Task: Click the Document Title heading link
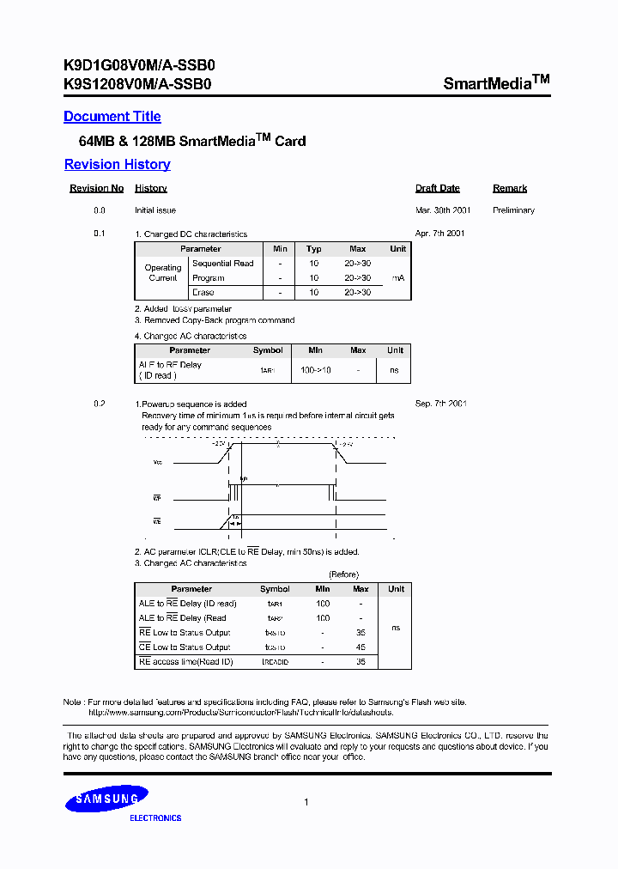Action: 112,117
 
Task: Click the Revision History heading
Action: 117,165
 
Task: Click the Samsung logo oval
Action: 107,799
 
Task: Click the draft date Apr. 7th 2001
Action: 439,234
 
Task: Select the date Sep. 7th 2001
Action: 439,404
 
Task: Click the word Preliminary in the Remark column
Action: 513,210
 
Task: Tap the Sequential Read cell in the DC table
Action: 222,264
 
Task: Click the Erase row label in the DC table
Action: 203,293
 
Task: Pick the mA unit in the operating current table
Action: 397,278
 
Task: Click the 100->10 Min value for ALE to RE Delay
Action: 315,370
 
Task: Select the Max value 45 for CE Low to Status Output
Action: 360,647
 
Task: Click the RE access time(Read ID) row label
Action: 185,662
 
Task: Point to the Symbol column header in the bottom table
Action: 275,589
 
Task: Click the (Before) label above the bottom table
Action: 343,574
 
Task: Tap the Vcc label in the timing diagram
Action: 157,462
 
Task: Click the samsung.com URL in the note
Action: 240,713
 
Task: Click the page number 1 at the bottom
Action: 306,802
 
